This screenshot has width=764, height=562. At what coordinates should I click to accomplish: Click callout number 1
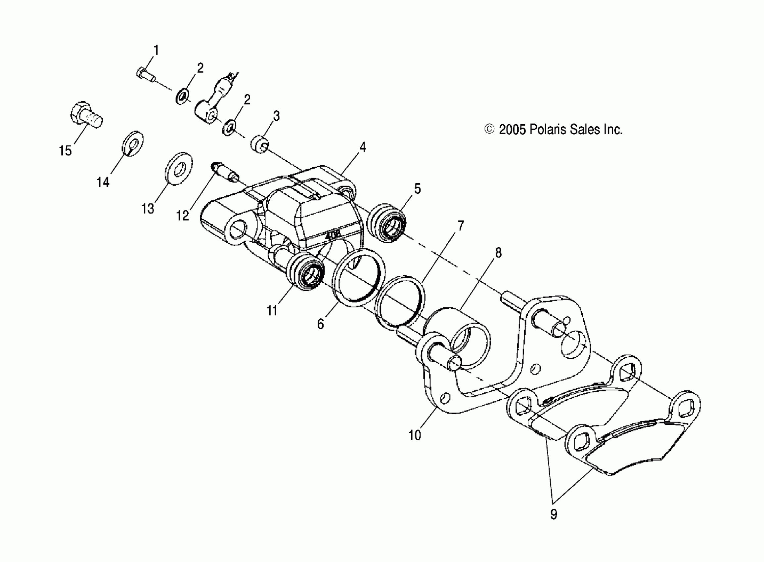[156, 50]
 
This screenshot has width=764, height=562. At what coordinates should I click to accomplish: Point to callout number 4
[363, 147]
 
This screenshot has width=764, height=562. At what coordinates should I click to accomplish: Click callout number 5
[418, 188]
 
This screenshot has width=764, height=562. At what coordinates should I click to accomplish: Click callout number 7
[460, 225]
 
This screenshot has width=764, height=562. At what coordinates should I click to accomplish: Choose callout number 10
[415, 435]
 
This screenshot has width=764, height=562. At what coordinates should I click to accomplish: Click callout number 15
[66, 150]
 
